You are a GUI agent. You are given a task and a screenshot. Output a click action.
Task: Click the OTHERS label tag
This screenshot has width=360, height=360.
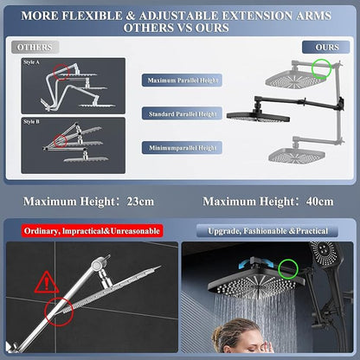click(35, 47)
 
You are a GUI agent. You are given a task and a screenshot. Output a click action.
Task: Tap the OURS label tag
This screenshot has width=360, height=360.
click(326, 47)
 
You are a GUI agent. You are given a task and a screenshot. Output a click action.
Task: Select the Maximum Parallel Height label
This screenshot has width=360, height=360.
click(182, 80)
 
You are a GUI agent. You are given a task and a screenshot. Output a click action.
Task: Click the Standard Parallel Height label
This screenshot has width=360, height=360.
click(182, 113)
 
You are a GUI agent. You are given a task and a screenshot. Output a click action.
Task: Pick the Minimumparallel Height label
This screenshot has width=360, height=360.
click(182, 148)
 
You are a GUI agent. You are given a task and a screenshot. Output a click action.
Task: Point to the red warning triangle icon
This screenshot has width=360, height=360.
click(47, 283)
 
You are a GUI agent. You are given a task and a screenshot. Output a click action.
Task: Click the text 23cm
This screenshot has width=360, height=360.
click(140, 202)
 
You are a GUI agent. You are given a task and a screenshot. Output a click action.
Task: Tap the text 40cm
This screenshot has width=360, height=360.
click(320, 202)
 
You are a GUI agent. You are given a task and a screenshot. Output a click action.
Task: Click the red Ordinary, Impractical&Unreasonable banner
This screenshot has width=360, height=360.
click(92, 231)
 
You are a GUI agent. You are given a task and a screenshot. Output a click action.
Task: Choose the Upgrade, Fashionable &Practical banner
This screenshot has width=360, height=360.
click(267, 231)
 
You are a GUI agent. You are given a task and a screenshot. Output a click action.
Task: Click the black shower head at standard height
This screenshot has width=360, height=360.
click(258, 116)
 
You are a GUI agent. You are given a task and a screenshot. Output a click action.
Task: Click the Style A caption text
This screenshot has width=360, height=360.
click(31, 62)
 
